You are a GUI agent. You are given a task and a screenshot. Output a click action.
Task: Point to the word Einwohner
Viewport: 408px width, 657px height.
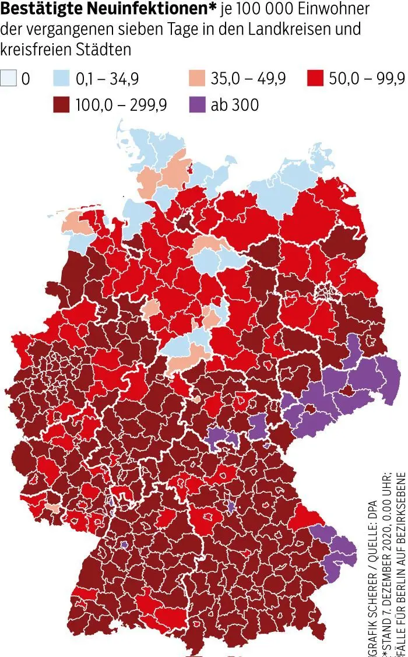(x=333, y=9)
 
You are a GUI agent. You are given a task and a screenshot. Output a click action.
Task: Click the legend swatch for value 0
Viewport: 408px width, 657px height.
(x=9, y=78)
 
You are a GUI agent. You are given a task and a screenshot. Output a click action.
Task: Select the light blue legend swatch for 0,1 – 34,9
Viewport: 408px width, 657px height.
(x=62, y=78)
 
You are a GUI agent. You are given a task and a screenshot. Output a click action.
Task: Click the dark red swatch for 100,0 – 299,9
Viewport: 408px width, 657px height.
(x=62, y=104)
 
